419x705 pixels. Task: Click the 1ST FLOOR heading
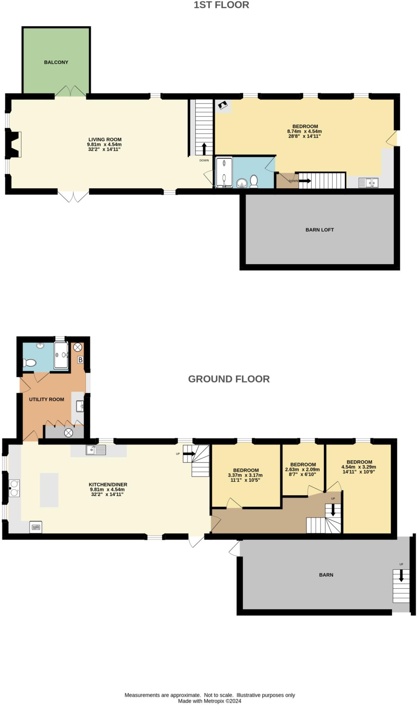pos(221,5)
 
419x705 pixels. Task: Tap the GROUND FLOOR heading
pos(228,379)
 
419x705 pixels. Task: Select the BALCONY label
pos(56,62)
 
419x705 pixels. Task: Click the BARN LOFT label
pos(320,230)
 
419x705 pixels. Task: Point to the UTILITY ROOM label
pos(46,399)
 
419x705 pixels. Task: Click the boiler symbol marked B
pos(80,360)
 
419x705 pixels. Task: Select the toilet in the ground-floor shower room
pos(30,362)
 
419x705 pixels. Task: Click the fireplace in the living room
pos(14,144)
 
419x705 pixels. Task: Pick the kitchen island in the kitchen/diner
pos(49,490)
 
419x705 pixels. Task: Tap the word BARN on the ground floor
pos(326,575)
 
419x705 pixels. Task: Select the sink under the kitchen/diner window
pos(96,450)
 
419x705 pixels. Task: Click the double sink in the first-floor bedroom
pos(368,182)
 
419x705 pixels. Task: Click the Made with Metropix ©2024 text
pos(210,701)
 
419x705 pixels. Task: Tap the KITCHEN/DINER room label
pos(108,484)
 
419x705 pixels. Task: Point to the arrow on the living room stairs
pos(204,149)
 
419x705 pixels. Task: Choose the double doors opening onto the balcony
pos(71,91)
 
